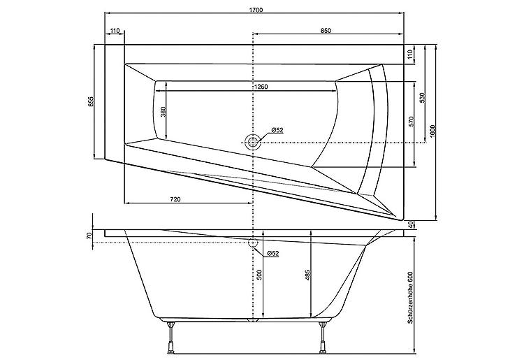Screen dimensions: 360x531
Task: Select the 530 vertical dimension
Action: (x=421, y=99)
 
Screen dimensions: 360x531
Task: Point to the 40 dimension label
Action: (x=412, y=224)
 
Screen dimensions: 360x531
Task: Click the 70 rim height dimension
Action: (x=89, y=236)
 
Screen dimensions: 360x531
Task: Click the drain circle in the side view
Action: (x=253, y=243)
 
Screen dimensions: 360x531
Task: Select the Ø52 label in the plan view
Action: (x=277, y=130)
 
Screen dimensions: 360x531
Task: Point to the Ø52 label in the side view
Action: (x=273, y=253)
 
